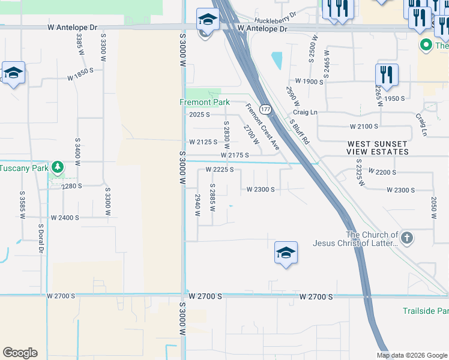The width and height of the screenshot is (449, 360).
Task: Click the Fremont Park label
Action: (x=205, y=102)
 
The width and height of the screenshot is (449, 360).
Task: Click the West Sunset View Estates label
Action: (x=377, y=148)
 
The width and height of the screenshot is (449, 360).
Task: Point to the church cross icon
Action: (x=407, y=238)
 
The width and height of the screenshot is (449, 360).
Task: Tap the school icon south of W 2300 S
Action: (x=286, y=253)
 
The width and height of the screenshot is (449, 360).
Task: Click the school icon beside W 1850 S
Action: (x=13, y=73)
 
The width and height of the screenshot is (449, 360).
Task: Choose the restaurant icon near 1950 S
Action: (x=387, y=75)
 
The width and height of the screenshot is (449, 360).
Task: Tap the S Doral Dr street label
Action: (x=41, y=236)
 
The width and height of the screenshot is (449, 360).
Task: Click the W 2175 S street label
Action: (x=235, y=155)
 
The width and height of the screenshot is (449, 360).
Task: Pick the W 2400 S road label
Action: (x=65, y=217)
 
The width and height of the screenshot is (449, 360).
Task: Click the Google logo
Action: (x=20, y=353)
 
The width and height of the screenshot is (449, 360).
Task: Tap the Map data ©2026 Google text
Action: (x=412, y=355)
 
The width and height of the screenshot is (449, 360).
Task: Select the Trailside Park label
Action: (x=426, y=311)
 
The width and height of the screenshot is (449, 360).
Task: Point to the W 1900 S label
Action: (x=310, y=81)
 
